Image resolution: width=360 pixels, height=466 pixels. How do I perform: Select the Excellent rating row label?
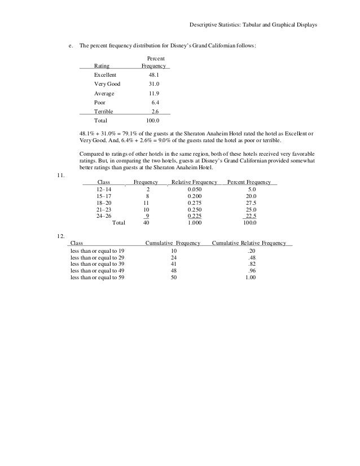106,74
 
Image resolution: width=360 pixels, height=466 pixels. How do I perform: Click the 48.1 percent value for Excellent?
153,74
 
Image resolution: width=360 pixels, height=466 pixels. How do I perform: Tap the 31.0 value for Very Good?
153,84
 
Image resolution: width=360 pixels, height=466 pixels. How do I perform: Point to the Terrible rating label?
104,112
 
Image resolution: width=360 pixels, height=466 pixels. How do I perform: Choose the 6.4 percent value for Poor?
156,103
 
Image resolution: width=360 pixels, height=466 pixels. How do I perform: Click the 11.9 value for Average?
153,93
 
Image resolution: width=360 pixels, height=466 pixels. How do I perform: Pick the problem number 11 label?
62,175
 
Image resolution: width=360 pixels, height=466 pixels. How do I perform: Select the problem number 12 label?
62,235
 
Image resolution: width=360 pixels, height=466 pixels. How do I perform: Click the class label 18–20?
104,202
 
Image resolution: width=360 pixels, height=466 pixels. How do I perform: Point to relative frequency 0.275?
195,202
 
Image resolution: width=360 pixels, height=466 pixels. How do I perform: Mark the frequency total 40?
146,222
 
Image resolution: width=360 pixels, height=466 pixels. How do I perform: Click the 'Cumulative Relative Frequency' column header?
248,243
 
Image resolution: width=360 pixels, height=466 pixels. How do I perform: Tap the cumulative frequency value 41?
173,263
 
